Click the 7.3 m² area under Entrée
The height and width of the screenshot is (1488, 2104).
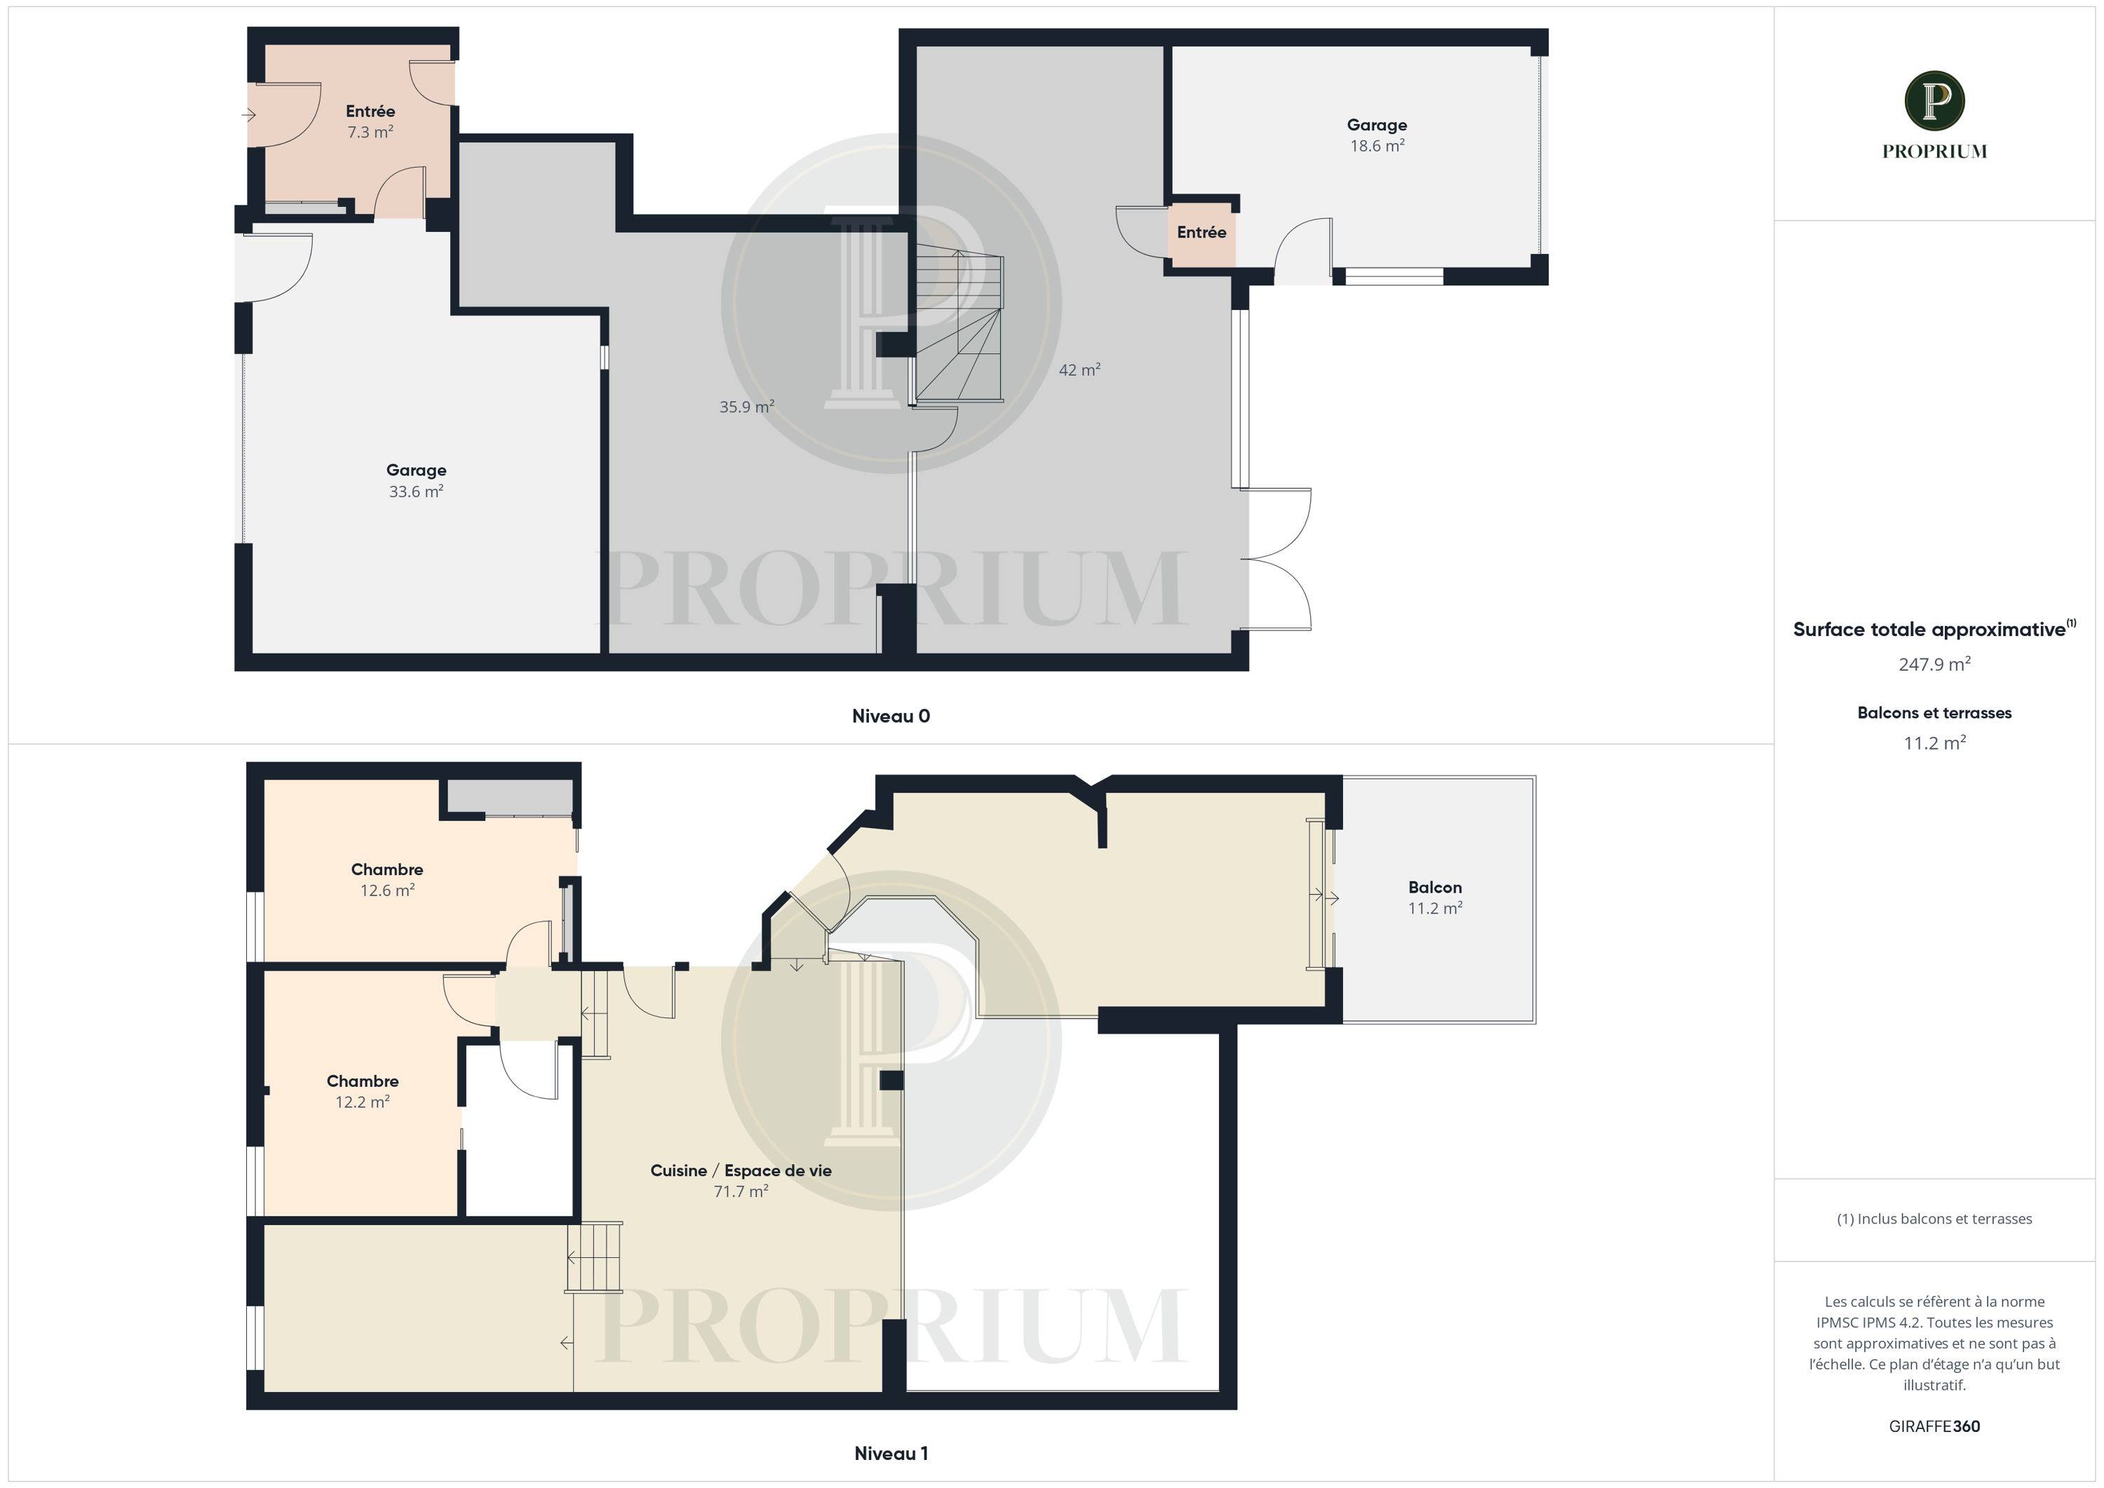pos(370,132)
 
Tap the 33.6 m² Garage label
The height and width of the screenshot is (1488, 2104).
pos(416,470)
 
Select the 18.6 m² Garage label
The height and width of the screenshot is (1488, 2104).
pos(1377,125)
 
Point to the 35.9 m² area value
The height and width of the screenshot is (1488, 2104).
pos(747,407)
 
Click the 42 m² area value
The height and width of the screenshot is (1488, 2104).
pos(1079,370)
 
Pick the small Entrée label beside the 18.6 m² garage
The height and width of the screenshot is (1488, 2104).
pos(1201,233)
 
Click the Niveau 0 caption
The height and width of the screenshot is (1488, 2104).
pos(891,717)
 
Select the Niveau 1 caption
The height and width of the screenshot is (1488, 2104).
pos(891,1453)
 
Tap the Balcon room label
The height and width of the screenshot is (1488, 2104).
pos(1435,887)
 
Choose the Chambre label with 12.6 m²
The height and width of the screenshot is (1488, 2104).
pos(386,870)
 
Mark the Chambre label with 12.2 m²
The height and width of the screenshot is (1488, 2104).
pos(362,1081)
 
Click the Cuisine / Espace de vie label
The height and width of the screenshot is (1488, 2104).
pos(741,1170)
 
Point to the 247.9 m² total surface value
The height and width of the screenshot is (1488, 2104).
pos(1934,664)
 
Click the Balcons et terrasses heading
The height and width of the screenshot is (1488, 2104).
pos(1934,713)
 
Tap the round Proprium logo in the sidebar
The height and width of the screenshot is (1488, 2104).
pos(1934,101)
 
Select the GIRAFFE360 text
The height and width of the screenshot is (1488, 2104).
pos(1934,1426)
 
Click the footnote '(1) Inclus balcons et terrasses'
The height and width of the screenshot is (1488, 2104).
pos(1934,1219)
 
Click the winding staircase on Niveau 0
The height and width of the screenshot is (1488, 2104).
pos(957,325)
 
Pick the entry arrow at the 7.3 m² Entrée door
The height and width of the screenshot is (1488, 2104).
pos(248,114)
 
